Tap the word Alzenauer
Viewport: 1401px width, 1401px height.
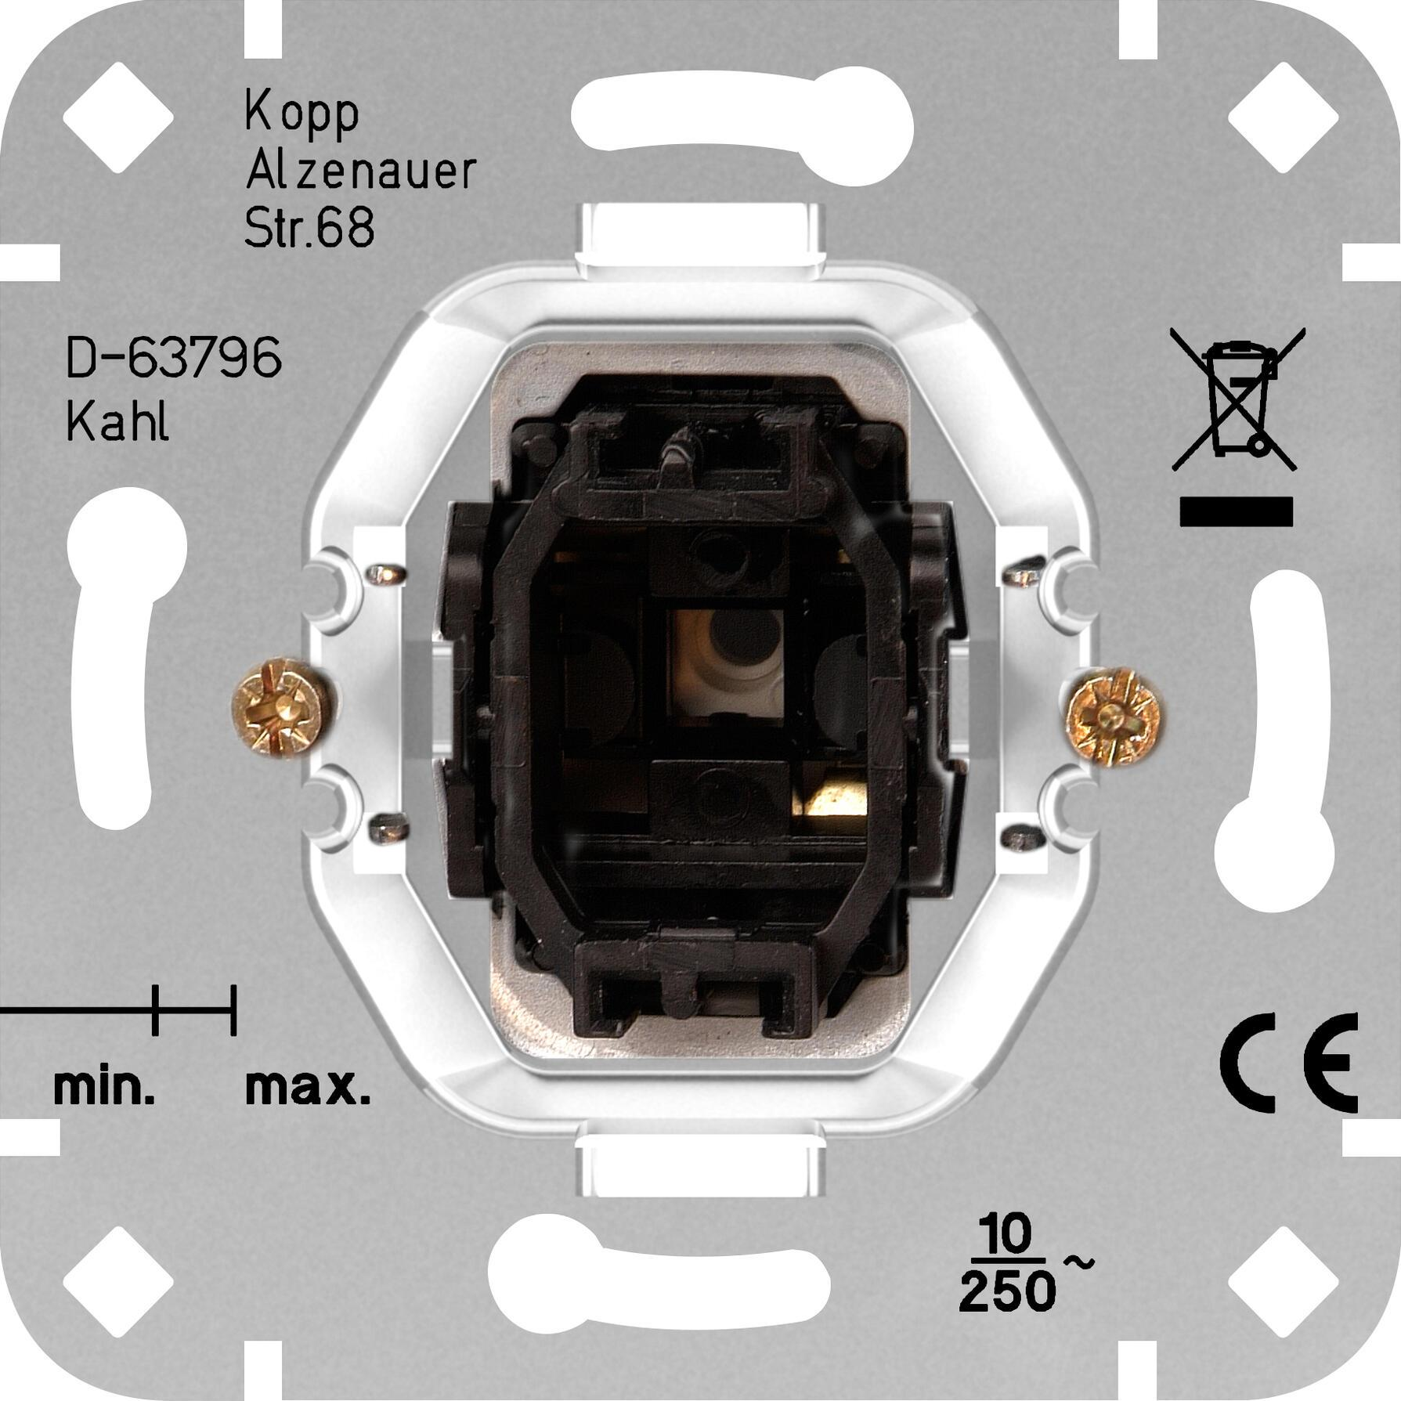[361, 172]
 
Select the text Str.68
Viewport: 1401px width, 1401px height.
[309, 228]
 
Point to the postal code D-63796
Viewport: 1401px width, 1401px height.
[174, 359]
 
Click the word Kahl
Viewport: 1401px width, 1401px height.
[117, 423]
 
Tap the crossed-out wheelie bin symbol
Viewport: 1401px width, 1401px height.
[1237, 399]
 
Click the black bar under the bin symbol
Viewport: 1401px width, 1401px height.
[1236, 511]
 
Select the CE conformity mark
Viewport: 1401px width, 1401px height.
[1288, 1063]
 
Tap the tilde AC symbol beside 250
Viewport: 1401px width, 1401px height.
[1078, 1262]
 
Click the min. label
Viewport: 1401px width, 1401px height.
[104, 1088]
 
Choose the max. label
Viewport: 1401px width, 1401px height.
[308, 1088]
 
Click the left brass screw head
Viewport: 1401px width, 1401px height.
[279, 707]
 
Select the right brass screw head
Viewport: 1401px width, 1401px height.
[1114, 716]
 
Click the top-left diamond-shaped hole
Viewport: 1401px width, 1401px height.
[118, 117]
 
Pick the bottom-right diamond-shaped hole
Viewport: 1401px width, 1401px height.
[1283, 1283]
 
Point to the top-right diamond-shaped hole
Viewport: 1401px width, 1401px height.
[1283, 117]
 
